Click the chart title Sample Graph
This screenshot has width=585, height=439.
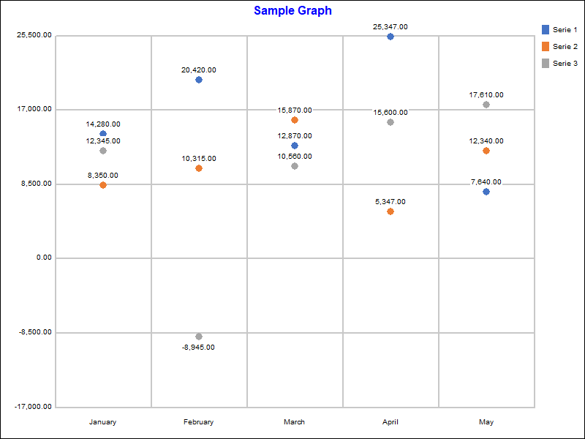click(292, 11)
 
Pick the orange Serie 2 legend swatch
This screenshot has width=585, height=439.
click(546, 46)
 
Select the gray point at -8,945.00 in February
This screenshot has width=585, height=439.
click(199, 337)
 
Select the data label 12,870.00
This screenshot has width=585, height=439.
click(295, 136)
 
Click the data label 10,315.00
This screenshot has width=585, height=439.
click(199, 159)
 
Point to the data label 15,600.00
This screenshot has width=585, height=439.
click(390, 113)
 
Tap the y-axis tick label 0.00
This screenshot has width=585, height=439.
click(42, 258)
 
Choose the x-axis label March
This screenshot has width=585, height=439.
click(295, 422)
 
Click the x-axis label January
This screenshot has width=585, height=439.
click(102, 422)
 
